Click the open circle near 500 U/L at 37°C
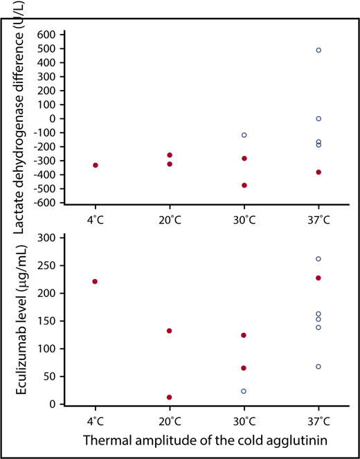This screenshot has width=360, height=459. pos(318,51)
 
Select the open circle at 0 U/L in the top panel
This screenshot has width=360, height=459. pos(318,118)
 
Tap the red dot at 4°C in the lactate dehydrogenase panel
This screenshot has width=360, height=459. pos(96,165)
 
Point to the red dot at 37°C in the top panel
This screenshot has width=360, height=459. pos(318,172)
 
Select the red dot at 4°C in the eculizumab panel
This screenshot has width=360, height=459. pos(96,282)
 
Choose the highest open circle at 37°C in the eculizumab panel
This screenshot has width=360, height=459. pos(318,259)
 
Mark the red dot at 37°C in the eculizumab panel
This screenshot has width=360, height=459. pos(318,278)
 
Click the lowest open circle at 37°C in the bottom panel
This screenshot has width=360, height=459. pos(318,367)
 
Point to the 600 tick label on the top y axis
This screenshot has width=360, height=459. pos(45,35)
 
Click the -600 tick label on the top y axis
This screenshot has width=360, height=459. pos(43,203)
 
